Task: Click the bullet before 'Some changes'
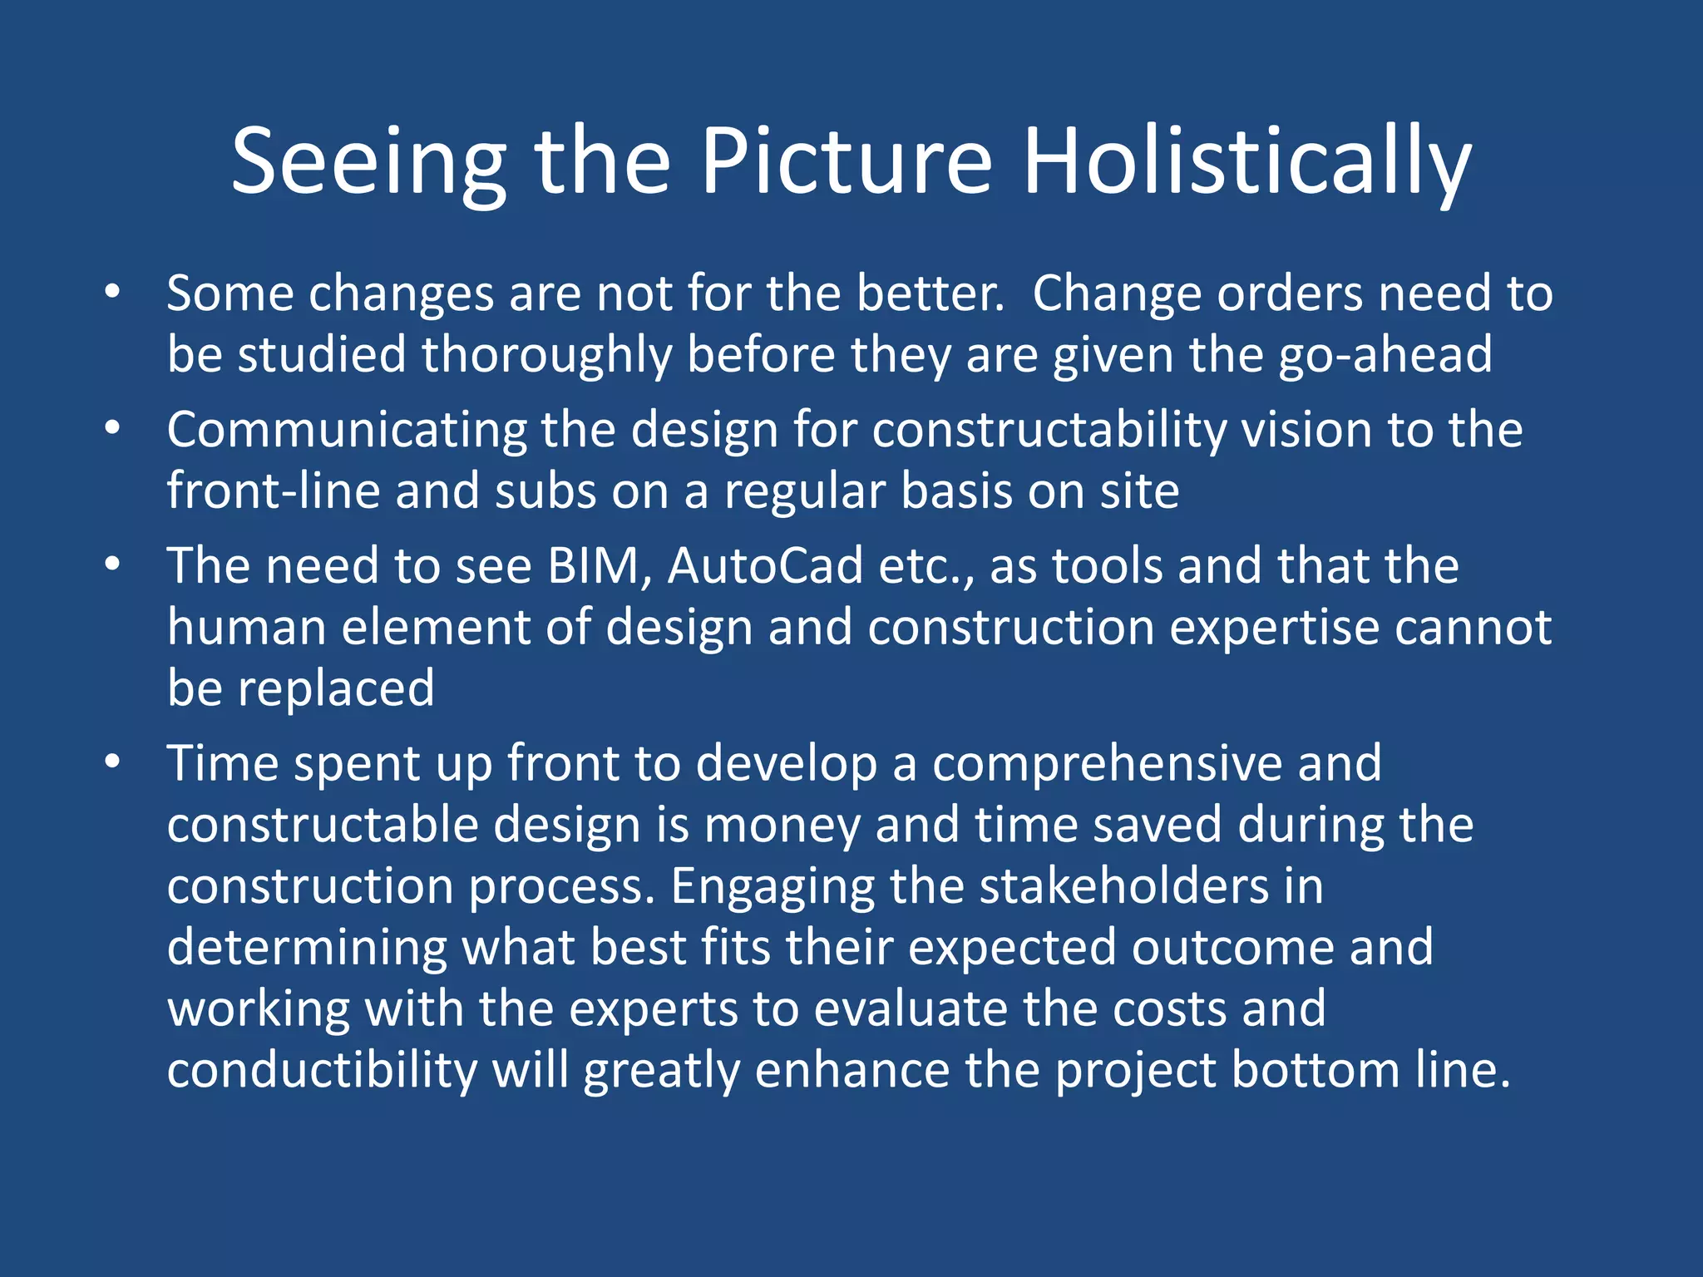(x=113, y=292)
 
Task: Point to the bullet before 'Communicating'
(x=113, y=428)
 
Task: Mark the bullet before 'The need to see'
(x=113, y=565)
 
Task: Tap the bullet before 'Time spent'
(x=113, y=762)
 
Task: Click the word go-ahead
(x=1385, y=356)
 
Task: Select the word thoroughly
(x=546, y=356)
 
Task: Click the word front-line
(x=273, y=491)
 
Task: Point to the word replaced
(x=336, y=689)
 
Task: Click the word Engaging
(x=773, y=887)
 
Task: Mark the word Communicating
(x=346, y=431)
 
